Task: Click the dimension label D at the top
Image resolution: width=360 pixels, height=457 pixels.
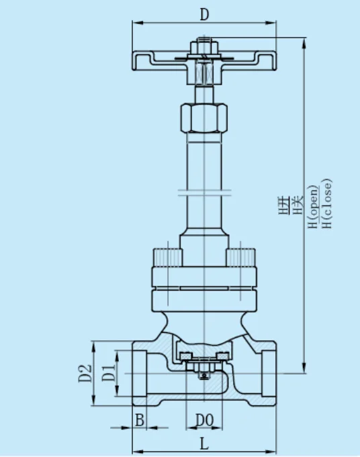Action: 204,13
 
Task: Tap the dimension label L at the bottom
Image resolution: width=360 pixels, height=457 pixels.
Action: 204,444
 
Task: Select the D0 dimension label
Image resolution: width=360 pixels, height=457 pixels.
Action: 204,420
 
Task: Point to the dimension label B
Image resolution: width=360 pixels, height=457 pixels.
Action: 140,420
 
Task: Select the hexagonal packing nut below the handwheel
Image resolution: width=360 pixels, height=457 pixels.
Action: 204,117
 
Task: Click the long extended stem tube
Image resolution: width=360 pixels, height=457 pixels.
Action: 204,168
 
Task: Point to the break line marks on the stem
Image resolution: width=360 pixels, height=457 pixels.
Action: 204,193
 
